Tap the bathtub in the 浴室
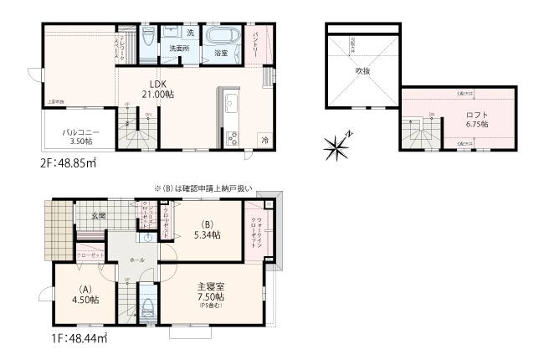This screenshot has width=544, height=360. (x=218, y=38)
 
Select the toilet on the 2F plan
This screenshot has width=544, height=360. (x=148, y=37)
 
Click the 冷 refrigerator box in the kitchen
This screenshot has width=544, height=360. (x=264, y=140)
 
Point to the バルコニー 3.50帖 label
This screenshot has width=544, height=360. (x=80, y=136)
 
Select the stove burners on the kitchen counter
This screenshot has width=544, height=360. (x=230, y=136)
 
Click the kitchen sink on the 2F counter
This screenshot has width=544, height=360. (x=231, y=105)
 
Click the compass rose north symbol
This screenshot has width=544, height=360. (x=339, y=148)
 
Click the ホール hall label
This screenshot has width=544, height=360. (x=137, y=260)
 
